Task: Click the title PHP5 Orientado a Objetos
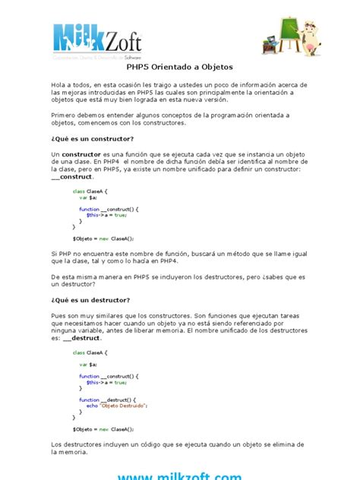(x=179, y=67)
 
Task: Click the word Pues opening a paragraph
(x=59, y=315)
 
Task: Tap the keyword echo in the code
(x=91, y=406)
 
